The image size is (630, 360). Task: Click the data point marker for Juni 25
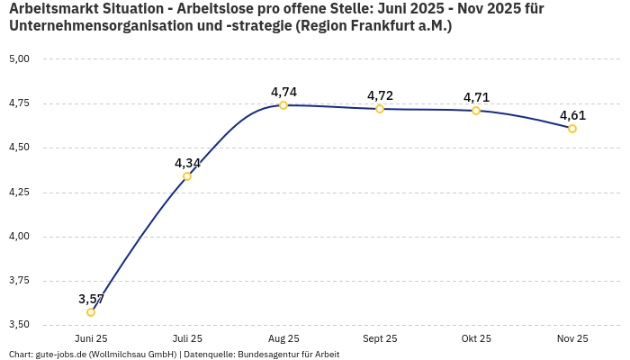[x=91, y=312]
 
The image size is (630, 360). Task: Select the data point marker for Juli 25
[x=187, y=176]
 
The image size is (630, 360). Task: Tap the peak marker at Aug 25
[x=283, y=105]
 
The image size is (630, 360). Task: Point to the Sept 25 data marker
[x=380, y=109]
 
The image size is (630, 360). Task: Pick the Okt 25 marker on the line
[x=476, y=111]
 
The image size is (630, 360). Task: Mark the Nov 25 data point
[x=572, y=129]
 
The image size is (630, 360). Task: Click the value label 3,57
[x=91, y=299]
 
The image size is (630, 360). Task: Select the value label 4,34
[x=187, y=163]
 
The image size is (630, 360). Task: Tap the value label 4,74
[x=283, y=92]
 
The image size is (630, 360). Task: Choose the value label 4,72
[x=380, y=95]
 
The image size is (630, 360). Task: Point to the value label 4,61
[x=572, y=115]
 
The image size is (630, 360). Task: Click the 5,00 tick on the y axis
[x=19, y=59]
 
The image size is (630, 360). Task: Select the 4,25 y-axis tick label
[x=19, y=193]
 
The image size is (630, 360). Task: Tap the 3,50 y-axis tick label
[x=19, y=325]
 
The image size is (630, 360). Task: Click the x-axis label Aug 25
[x=283, y=338]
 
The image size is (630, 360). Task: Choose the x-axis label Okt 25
[x=476, y=338]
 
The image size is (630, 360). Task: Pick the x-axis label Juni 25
[x=91, y=338]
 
